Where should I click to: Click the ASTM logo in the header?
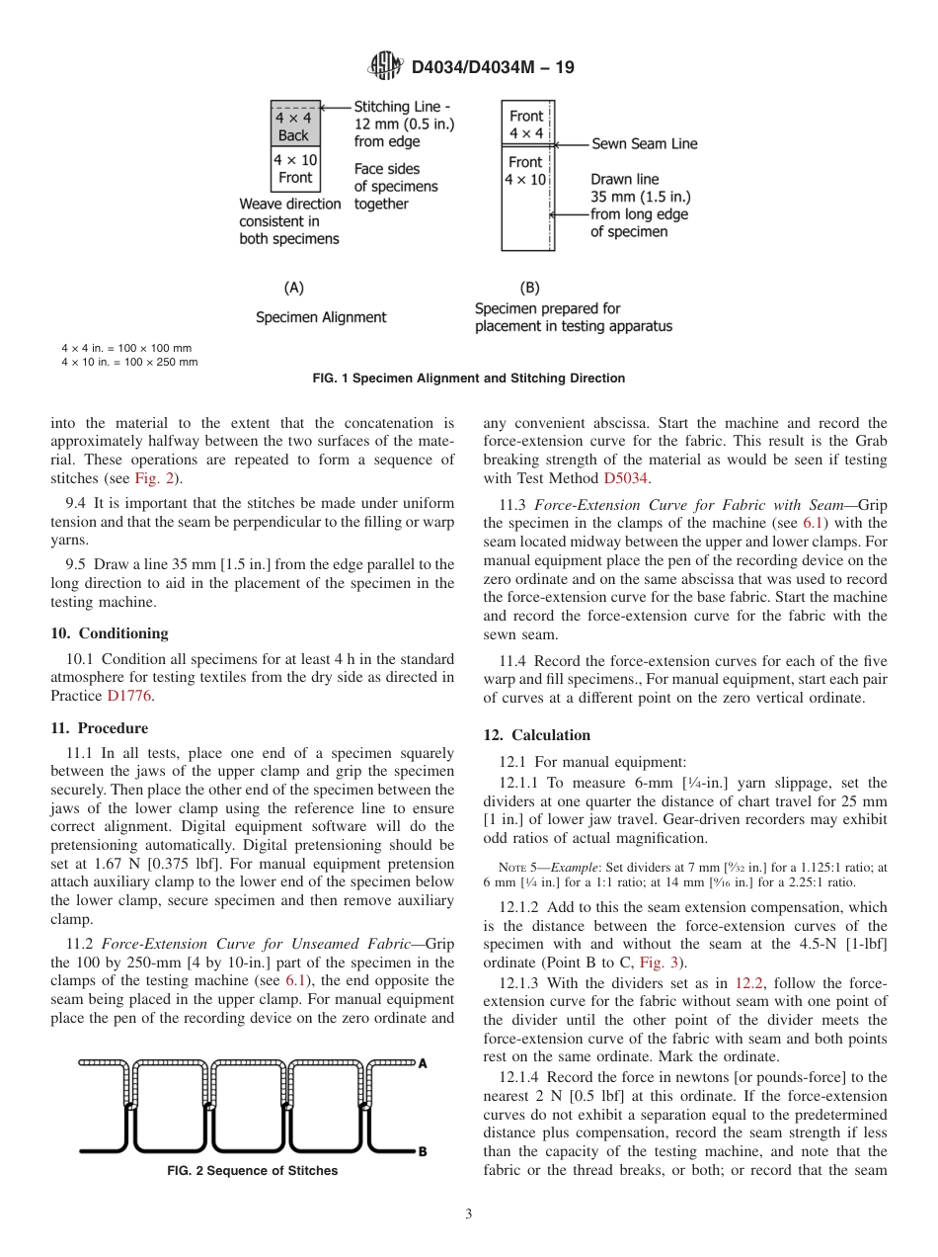(385, 67)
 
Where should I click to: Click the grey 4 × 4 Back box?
(294, 126)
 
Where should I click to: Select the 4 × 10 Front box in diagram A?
(294, 169)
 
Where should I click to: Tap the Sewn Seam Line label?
(644, 143)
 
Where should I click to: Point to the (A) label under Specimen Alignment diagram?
(293, 288)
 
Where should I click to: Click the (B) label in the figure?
(530, 288)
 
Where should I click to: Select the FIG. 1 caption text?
(469, 378)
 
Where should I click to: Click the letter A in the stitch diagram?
(423, 1063)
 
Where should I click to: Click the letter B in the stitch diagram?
(423, 1151)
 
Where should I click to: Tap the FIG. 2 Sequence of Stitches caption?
(252, 1171)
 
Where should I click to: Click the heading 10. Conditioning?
(110, 633)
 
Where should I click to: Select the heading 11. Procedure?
(99, 728)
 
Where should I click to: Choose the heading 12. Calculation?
(537, 735)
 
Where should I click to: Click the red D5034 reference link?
(625, 479)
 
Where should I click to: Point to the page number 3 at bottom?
(469, 1215)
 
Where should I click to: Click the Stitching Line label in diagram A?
(402, 107)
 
